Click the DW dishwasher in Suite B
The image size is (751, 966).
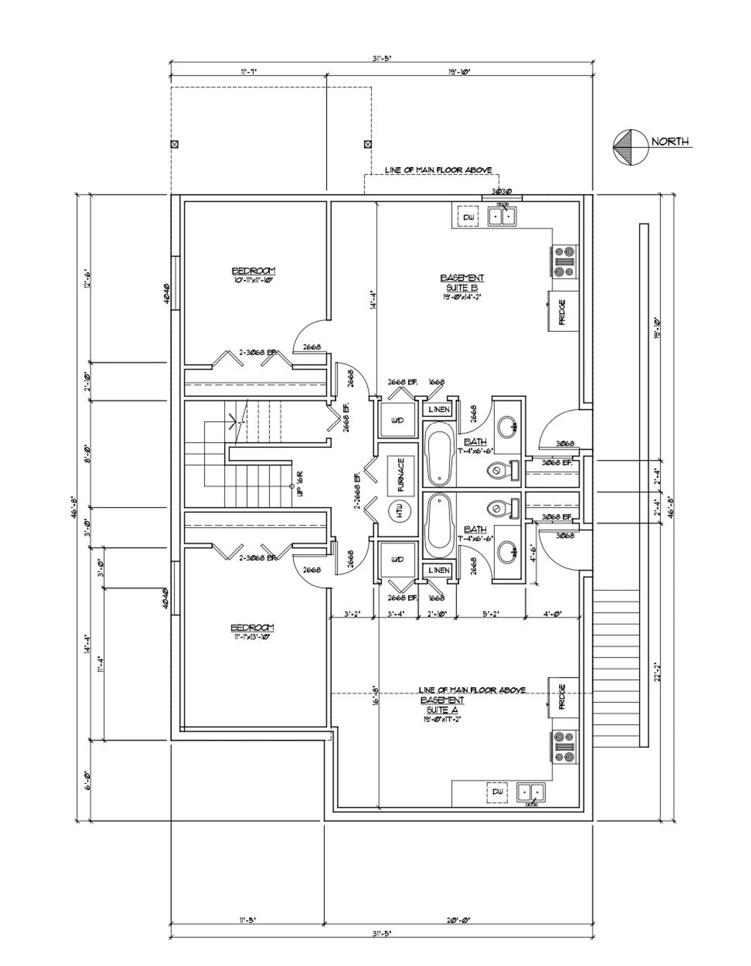tap(468, 217)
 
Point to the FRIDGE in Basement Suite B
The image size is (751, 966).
tap(563, 311)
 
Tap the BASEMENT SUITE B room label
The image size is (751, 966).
tap(462, 283)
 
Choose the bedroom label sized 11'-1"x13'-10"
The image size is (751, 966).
tap(252, 631)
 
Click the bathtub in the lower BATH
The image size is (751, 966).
tap(439, 525)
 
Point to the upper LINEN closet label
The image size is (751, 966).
tap(439, 410)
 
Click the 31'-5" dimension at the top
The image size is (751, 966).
tap(382, 58)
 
